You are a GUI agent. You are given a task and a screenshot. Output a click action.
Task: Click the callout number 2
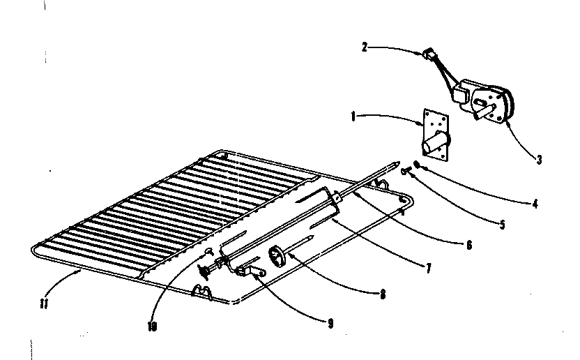coord(364,47)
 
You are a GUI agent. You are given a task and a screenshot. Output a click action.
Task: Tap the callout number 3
coord(539,160)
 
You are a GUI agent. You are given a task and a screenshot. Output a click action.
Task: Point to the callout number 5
coord(502,225)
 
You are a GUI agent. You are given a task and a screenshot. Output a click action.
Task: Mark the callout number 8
coord(382,294)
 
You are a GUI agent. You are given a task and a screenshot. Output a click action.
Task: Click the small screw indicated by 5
coord(406,170)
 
